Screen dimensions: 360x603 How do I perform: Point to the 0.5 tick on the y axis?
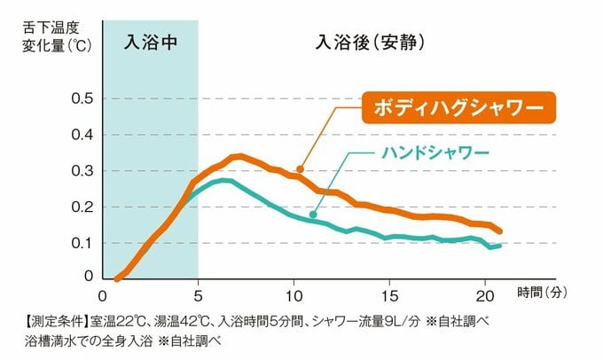[82, 98]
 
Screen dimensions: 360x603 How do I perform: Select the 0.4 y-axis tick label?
[82, 135]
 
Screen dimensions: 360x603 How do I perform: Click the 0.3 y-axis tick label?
[82, 170]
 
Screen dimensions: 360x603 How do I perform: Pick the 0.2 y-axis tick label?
[82, 207]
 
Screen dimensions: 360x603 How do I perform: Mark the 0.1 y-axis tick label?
[82, 242]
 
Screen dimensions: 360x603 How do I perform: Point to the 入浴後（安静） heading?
[373, 42]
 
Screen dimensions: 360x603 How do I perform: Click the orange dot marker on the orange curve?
[301, 168]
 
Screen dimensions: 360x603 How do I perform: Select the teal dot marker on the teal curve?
[314, 214]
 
